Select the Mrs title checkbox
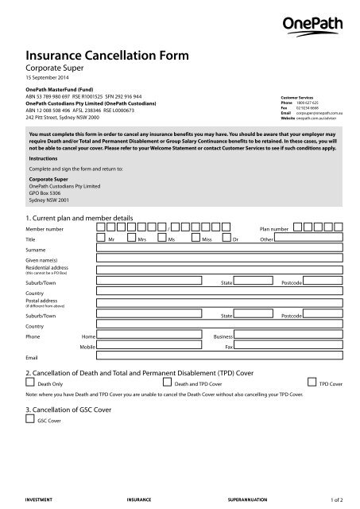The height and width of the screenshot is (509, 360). [130, 238]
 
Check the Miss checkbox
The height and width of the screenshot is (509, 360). [195, 238]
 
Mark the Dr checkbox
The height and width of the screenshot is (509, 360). [226, 238]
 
